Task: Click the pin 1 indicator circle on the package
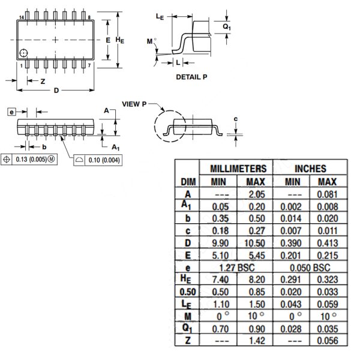tap(23, 53)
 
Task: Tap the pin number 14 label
tap(22, 17)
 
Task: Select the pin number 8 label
tap(89, 17)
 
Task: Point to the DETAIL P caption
tap(191, 77)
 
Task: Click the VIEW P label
tap(134, 104)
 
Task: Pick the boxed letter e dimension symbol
tap(12, 112)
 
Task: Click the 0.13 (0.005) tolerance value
tap(31, 159)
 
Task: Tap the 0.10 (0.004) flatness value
tap(104, 160)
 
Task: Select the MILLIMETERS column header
tap(238, 169)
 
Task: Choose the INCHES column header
tap(310, 169)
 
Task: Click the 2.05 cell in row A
tap(257, 194)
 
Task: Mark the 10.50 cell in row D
tap(254, 243)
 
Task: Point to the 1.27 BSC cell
tap(237, 268)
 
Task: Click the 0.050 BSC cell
tap(310, 268)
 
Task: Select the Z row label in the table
tap(188, 340)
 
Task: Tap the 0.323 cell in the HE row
tap(328, 280)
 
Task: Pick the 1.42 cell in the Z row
tap(257, 340)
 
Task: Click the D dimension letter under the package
tap(56, 91)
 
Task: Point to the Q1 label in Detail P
tap(227, 26)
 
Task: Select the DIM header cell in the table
tap(188, 182)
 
